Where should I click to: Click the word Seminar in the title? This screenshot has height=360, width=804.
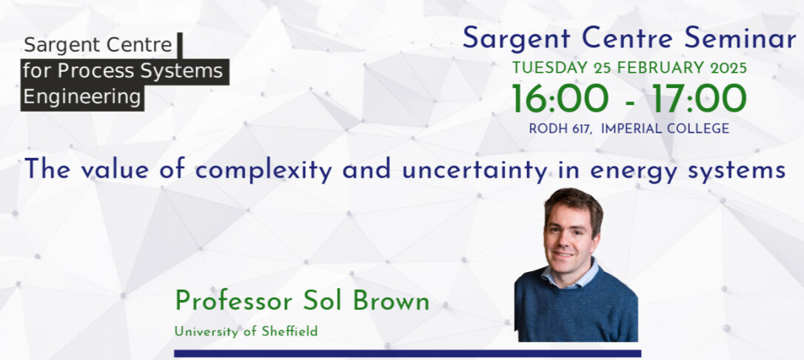pos(740,39)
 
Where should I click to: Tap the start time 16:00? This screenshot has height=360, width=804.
pos(560,99)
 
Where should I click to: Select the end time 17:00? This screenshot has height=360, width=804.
pos(699,99)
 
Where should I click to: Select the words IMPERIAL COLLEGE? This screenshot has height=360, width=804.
pos(665,129)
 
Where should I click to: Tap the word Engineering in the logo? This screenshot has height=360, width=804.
pos(82,97)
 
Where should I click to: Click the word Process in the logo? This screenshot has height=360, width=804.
pos(97,71)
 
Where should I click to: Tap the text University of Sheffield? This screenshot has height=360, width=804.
pos(246,332)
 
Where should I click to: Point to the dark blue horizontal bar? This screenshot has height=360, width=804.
pos(408,353)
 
